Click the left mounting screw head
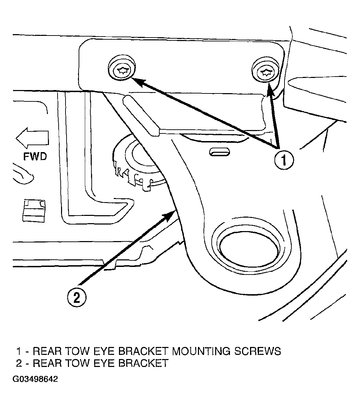pos(122,68)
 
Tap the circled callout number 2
pos(77,297)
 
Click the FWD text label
pos(35,157)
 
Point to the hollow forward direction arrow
pos(32,136)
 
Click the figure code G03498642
pos(35,379)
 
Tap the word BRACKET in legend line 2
pos(143,363)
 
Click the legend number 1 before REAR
pos(19,351)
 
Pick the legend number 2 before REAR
pos(19,363)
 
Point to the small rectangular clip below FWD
pos(34,211)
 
